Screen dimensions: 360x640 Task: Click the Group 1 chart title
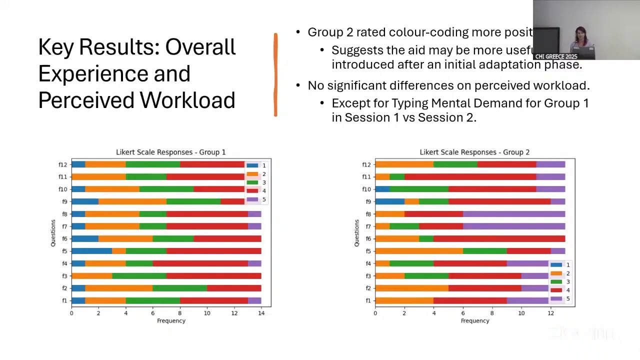[x=170, y=152]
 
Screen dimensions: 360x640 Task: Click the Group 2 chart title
[x=474, y=152]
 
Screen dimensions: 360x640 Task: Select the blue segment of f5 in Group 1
[x=91, y=251]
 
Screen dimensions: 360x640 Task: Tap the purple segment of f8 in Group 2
[x=514, y=214]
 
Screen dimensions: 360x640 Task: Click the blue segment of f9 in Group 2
[x=389, y=201]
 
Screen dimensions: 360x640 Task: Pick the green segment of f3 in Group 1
[x=139, y=276]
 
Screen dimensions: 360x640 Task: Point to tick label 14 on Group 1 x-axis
[x=261, y=313]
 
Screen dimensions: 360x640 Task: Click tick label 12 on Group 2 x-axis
[x=550, y=313]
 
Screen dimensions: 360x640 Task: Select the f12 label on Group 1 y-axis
[x=62, y=164]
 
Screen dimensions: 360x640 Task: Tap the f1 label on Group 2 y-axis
[x=368, y=300]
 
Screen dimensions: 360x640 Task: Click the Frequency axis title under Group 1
[x=171, y=321]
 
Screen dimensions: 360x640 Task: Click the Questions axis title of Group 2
[x=356, y=232]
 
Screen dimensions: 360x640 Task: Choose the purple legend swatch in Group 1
[x=252, y=199]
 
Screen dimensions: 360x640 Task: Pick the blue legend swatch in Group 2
[x=556, y=265]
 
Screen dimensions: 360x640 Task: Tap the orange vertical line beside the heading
[x=275, y=75]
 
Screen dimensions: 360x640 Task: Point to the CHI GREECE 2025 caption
[x=556, y=56]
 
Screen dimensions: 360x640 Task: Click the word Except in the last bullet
[x=350, y=103]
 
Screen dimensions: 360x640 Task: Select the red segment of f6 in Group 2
[x=499, y=238]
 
